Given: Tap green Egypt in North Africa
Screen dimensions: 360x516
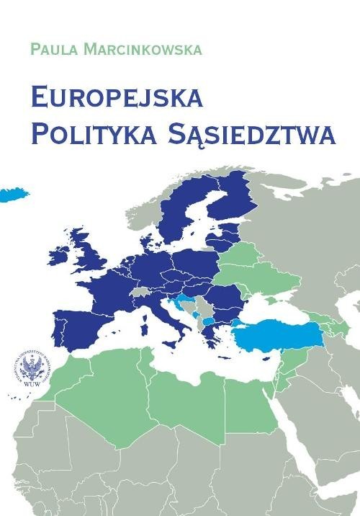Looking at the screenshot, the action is (248, 400).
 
